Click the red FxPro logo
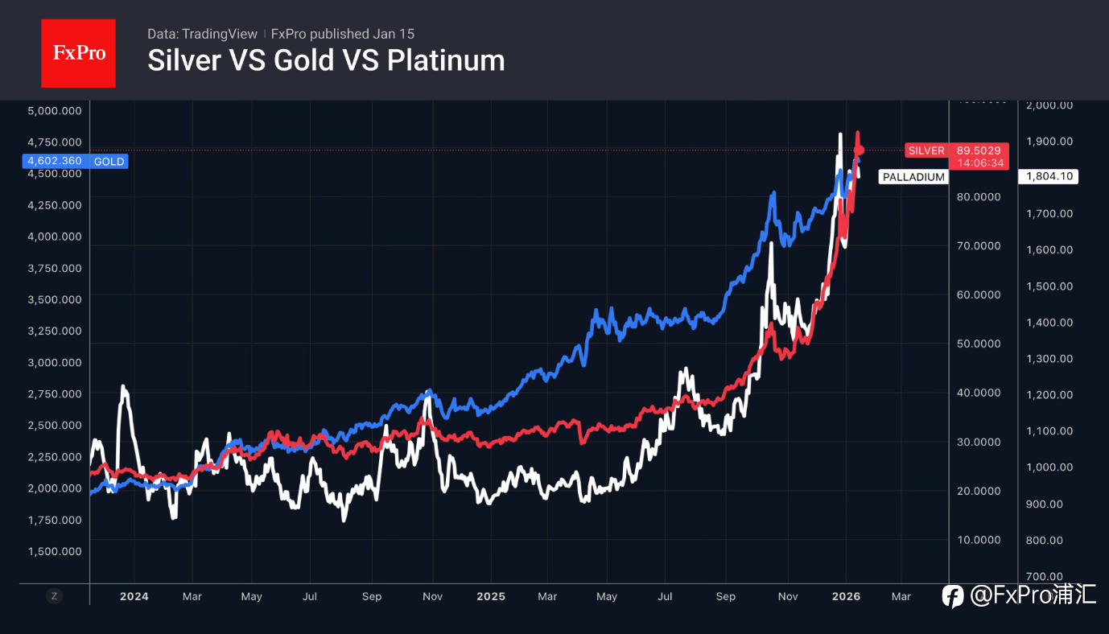pyautogui.click(x=78, y=53)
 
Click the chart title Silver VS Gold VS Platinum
pyautogui.click(x=326, y=60)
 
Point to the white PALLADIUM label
pyautogui.click(x=913, y=177)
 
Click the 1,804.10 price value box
pyautogui.click(x=1049, y=177)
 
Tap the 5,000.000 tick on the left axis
pyautogui.click(x=55, y=110)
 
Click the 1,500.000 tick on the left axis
pyautogui.click(x=55, y=551)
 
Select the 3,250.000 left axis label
pyautogui.click(x=55, y=331)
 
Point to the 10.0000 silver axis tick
pyautogui.click(x=979, y=539)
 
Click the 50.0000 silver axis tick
pyautogui.click(x=979, y=344)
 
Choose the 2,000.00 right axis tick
pyautogui.click(x=1049, y=105)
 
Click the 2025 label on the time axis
pyautogui.click(x=490, y=596)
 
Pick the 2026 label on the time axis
pyautogui.click(x=846, y=596)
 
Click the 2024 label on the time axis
pyautogui.click(x=134, y=596)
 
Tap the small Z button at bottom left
pyautogui.click(x=54, y=596)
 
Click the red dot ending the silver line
pyautogui.click(x=859, y=150)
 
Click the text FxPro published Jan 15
pyautogui.click(x=343, y=34)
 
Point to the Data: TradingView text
pyautogui.click(x=202, y=34)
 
